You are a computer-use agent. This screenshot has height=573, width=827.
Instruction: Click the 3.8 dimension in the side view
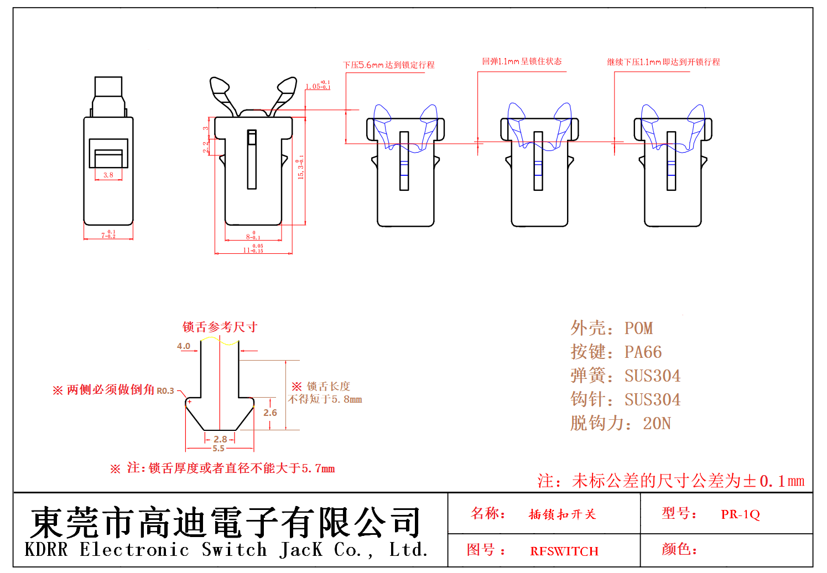[x=108, y=175]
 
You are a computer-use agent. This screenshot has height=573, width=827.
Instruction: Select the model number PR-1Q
[x=740, y=514]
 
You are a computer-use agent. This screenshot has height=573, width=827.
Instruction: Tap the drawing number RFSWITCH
[x=564, y=551]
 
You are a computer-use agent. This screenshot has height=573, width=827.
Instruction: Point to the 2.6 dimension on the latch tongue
[x=270, y=413]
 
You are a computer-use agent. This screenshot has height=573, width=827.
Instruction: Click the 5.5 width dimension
[x=219, y=449]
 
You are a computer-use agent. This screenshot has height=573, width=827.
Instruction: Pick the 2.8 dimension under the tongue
[x=220, y=439]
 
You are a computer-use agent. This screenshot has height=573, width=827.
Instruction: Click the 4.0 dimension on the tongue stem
[x=184, y=346]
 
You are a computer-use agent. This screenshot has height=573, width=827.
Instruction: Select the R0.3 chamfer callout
[x=165, y=390]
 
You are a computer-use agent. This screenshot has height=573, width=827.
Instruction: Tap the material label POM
[x=638, y=329]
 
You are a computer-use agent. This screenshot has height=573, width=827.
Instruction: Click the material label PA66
[x=643, y=352]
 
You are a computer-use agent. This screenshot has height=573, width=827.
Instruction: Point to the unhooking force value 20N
[x=657, y=424]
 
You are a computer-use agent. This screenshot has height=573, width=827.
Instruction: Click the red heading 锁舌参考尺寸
[x=220, y=327]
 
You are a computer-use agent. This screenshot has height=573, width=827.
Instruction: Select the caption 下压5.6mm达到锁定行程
[x=389, y=65]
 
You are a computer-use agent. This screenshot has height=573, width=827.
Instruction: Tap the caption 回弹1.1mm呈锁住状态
[x=522, y=61]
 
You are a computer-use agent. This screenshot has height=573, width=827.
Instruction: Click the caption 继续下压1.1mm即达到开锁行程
[x=663, y=62]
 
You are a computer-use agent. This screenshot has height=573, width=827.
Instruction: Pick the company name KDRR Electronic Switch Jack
[x=227, y=550]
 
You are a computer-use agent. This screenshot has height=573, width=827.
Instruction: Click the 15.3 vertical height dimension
[x=300, y=166]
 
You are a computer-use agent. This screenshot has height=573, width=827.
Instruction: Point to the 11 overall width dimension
[x=253, y=249]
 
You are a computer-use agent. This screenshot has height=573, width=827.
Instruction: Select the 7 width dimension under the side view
[x=108, y=235]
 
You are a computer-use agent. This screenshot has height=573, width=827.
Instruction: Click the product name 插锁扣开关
[x=562, y=514]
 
